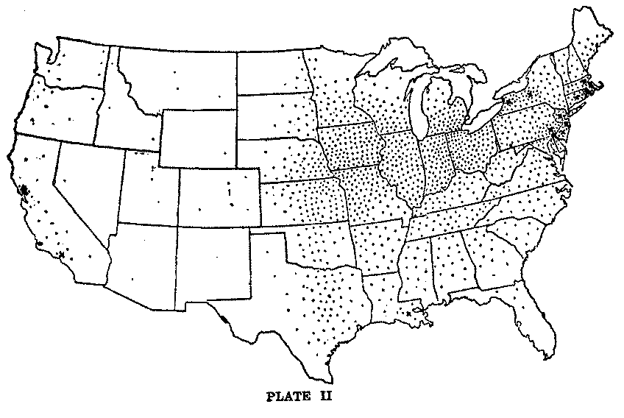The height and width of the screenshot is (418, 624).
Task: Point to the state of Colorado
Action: pos(219,194)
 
